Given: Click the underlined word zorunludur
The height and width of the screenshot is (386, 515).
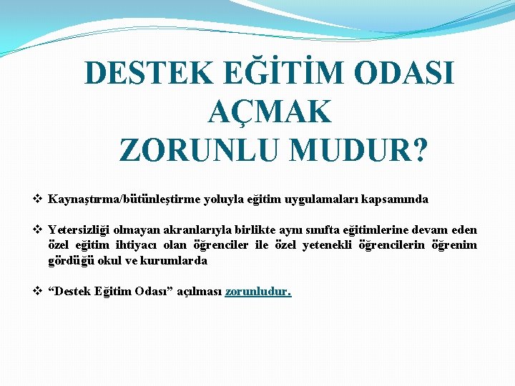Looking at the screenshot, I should pos(257,292).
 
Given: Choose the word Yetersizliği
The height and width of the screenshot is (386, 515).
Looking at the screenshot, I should pos(79,230).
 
